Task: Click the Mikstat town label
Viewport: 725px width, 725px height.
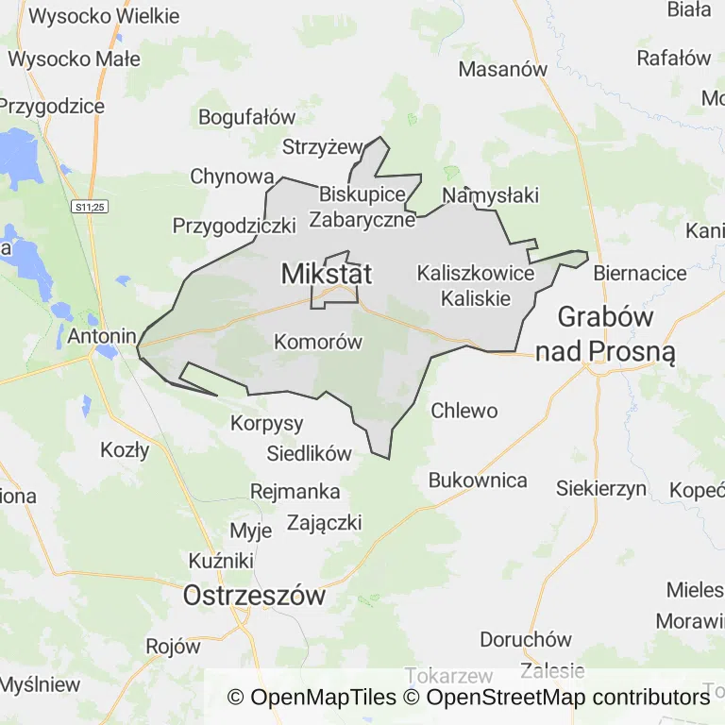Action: tap(327, 275)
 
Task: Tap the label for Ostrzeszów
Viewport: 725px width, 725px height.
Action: tap(254, 596)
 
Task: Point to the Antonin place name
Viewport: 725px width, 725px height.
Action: tap(98, 335)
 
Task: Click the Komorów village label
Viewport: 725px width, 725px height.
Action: tap(318, 342)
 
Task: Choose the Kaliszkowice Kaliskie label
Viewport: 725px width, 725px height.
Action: tap(476, 285)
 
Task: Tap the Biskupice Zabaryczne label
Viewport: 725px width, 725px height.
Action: tap(367, 207)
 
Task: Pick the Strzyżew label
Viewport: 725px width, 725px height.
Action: tap(323, 146)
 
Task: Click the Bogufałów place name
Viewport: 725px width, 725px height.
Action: tap(247, 117)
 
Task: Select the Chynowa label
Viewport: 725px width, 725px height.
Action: tap(232, 177)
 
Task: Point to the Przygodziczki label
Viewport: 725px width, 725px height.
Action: tap(234, 226)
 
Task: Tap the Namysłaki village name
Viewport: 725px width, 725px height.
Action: tap(490, 195)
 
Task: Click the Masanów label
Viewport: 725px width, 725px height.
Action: tap(503, 69)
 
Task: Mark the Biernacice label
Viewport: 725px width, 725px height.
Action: tap(640, 273)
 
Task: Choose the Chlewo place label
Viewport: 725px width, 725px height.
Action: tap(464, 411)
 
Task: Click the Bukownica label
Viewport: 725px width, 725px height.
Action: tap(478, 480)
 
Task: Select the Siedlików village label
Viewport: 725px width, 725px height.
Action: tap(309, 453)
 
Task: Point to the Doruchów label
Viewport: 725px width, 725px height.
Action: tap(526, 639)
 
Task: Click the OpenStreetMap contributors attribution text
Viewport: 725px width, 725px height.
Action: tap(567, 698)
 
